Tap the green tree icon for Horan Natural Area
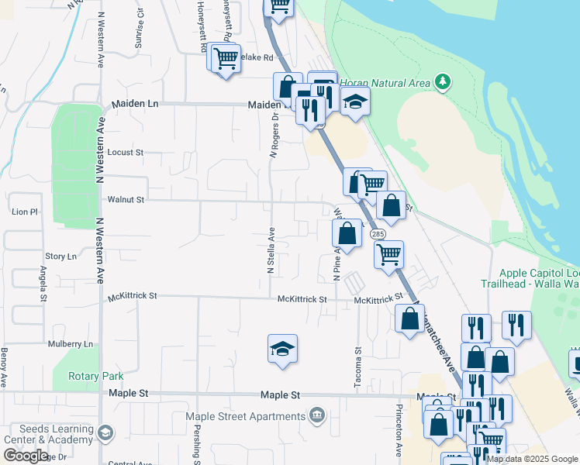442,82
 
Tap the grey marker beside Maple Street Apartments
316,416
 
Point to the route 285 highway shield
378,234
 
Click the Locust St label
126,153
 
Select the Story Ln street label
60,256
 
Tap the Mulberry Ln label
70,343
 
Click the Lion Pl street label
25,212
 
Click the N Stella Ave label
271,250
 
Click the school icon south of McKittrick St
283,350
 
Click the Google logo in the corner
26,456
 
